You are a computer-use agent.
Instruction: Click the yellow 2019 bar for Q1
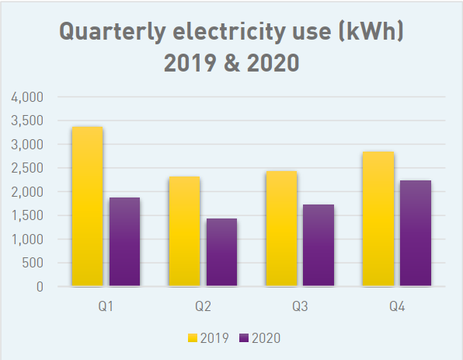[87, 207]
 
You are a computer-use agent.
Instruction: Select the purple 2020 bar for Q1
[124, 242]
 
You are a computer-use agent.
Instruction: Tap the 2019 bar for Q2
[184, 232]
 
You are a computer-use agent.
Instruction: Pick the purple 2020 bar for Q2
[221, 253]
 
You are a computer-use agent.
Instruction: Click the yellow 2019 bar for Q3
[281, 229]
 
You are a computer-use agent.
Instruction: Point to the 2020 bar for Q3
[319, 246]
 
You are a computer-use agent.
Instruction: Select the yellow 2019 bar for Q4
[378, 219]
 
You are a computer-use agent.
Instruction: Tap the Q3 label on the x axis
[300, 307]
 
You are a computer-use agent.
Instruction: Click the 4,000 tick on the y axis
[28, 97]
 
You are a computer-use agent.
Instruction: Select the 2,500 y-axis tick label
[28, 168]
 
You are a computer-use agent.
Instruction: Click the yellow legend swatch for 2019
[193, 338]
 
